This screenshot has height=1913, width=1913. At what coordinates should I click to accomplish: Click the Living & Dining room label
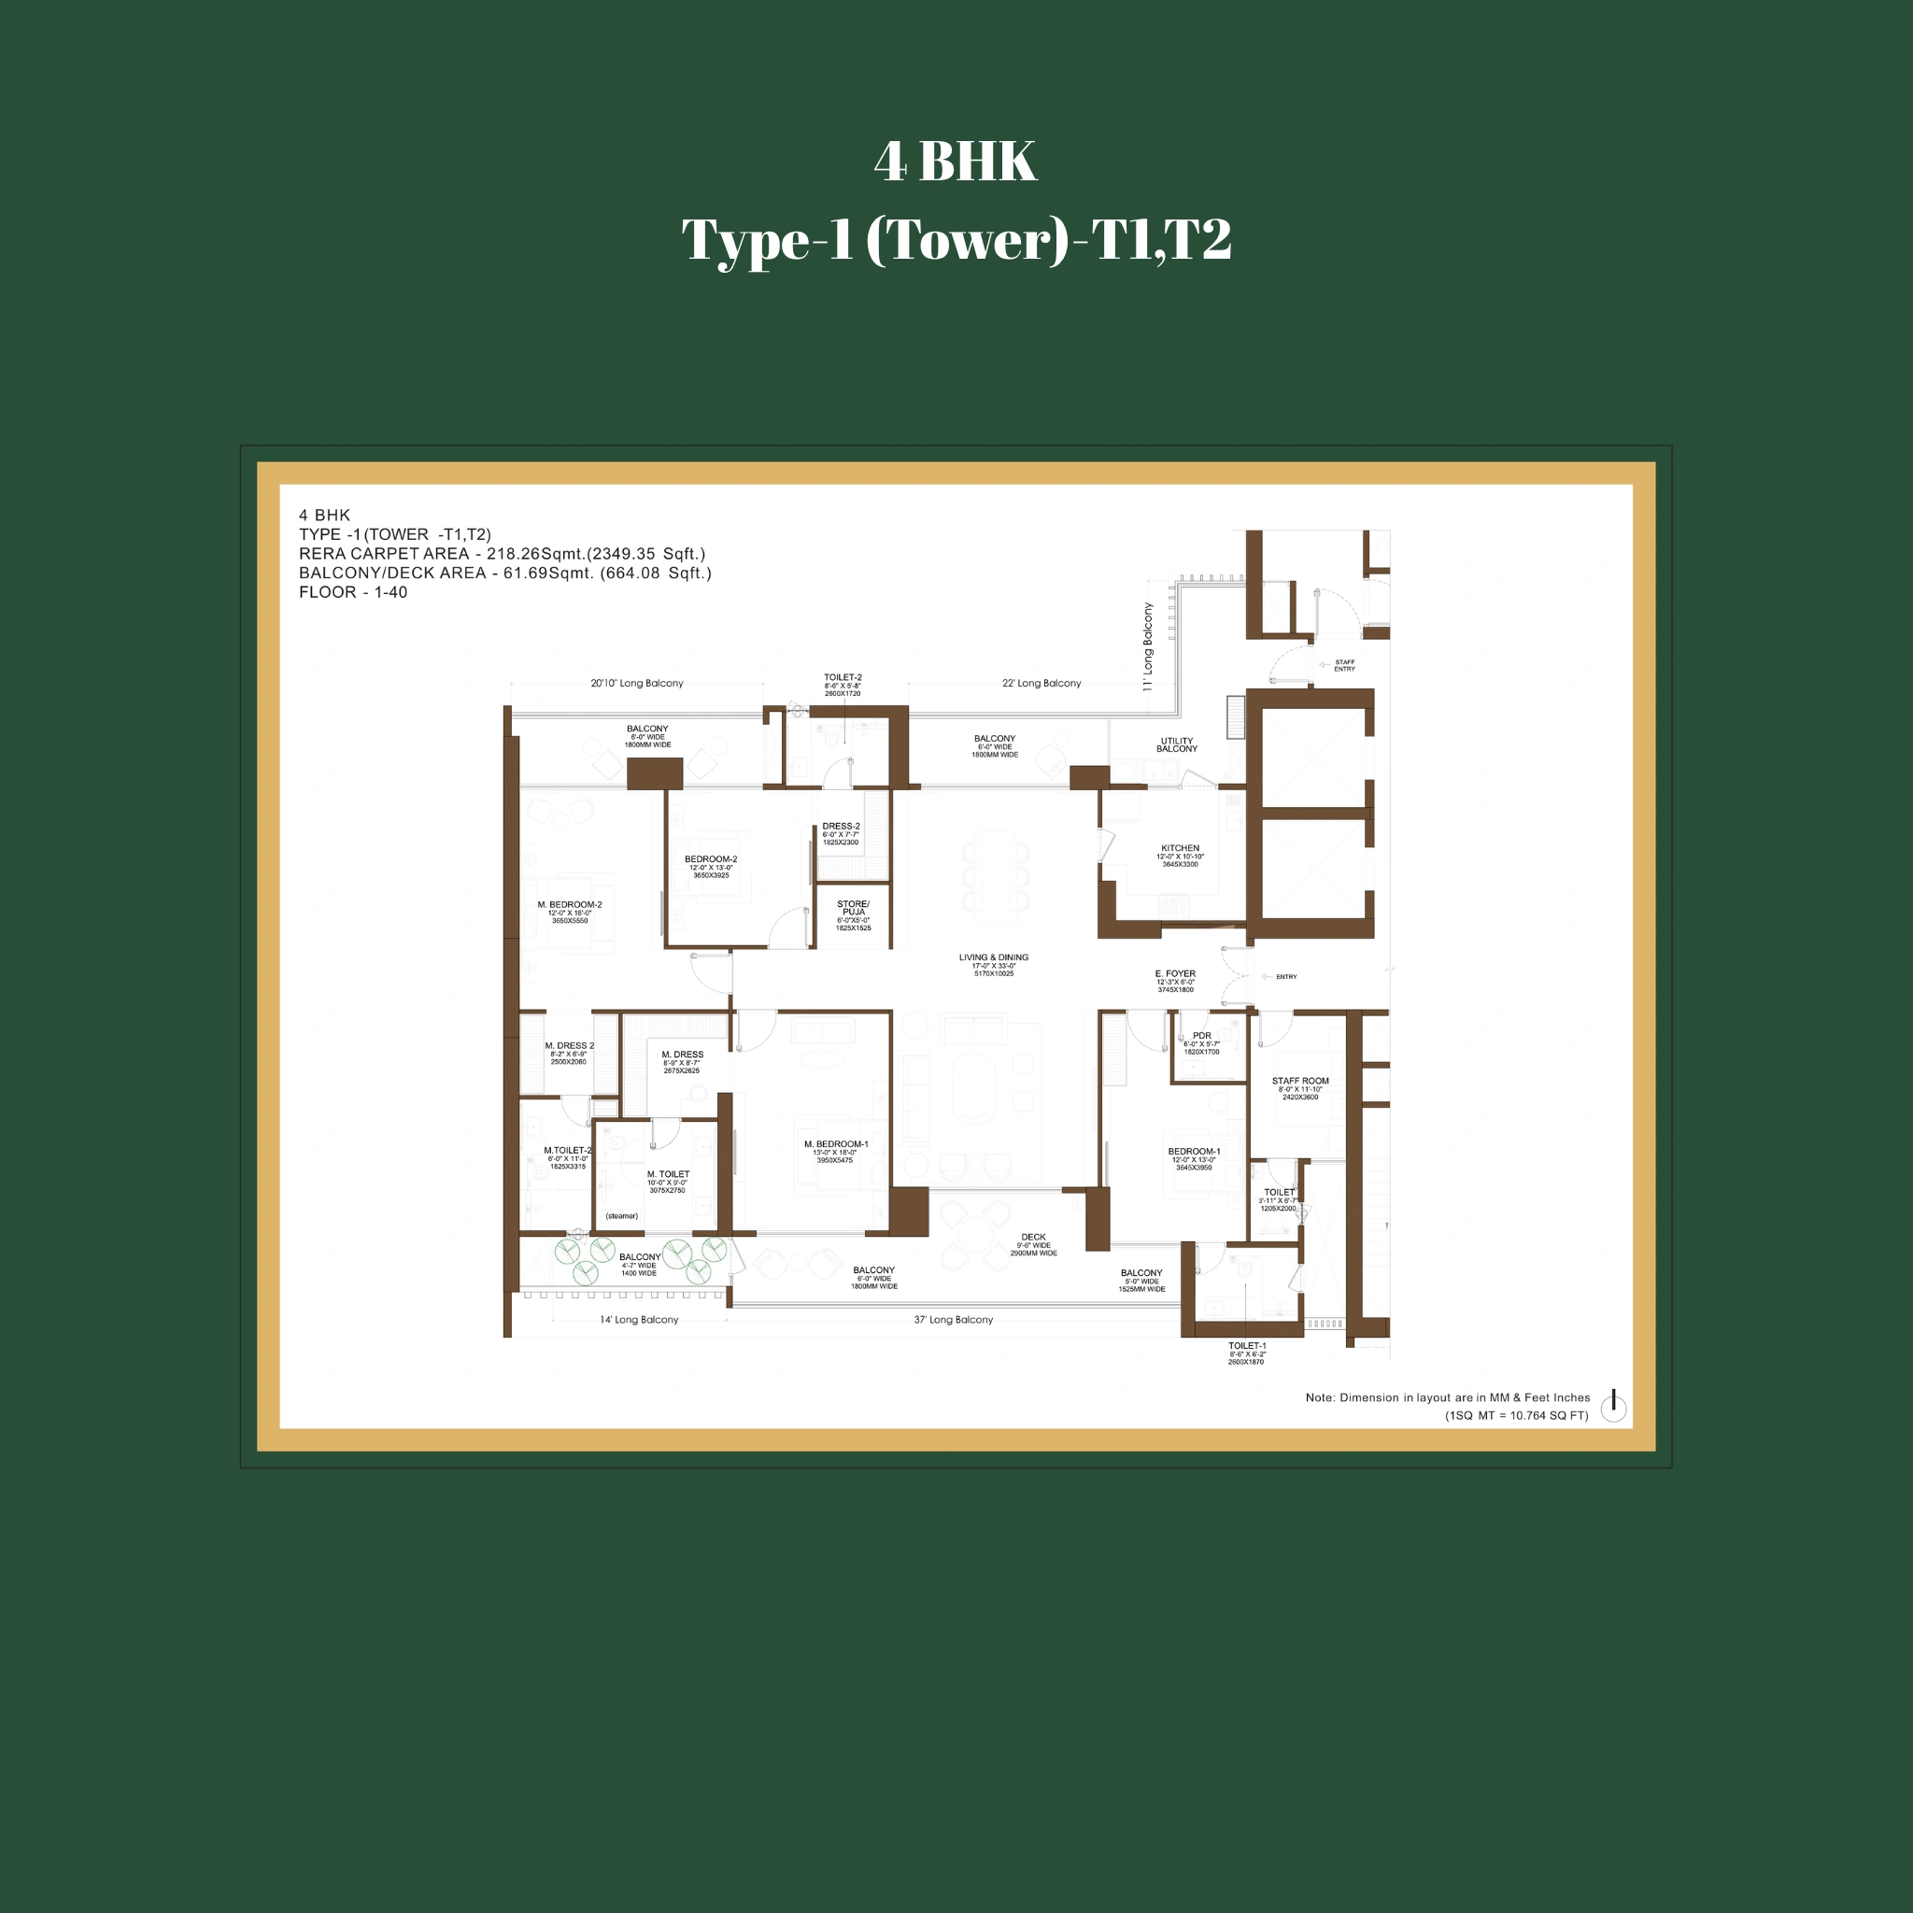[x=993, y=958]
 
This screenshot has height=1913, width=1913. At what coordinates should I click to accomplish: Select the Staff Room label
[x=1300, y=1083]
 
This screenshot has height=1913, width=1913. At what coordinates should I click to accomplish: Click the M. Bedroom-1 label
[x=836, y=1144]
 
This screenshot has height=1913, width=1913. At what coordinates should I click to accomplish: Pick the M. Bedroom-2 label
[x=570, y=905]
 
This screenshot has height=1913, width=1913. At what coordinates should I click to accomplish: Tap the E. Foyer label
[x=1175, y=974]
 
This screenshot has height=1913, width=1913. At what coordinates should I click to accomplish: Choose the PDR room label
[x=1201, y=1037]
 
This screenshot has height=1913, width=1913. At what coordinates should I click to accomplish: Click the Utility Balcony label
[x=1176, y=744]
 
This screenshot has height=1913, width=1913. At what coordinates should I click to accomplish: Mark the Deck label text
[x=1033, y=1238]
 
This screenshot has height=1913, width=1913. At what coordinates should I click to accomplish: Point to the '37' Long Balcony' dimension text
[x=953, y=1320]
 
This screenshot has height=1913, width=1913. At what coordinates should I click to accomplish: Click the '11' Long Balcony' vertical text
[x=1149, y=645]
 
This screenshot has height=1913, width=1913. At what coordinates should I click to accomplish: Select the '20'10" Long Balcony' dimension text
[x=637, y=683]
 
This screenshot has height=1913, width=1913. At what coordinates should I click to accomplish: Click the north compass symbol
[x=1613, y=1406]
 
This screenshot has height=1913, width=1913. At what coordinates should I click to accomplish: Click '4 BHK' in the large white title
[x=955, y=162]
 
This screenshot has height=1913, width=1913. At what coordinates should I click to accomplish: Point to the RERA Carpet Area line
[x=502, y=554]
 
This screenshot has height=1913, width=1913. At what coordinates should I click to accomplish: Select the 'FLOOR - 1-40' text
[x=353, y=592]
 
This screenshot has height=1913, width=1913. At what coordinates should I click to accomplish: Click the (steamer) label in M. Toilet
[x=622, y=1216]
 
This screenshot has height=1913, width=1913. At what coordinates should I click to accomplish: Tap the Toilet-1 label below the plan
[x=1247, y=1347]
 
